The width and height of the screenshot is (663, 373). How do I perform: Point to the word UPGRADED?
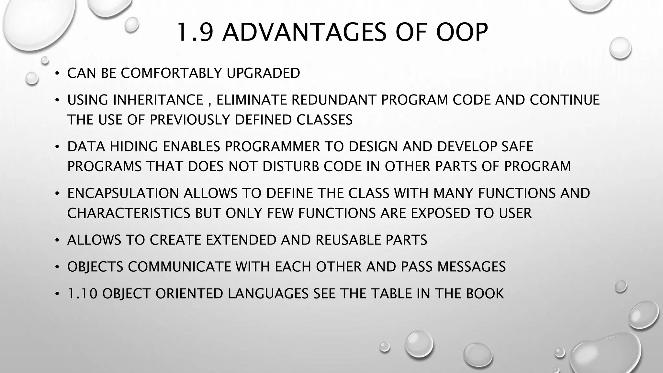(263, 73)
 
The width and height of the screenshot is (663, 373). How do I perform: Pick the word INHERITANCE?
(158, 100)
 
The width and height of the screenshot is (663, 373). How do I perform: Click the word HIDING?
(134, 147)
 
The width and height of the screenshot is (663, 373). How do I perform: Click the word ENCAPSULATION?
(123, 193)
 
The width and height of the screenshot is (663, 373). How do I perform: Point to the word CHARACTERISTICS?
(129, 213)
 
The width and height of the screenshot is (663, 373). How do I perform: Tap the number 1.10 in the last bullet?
(82, 294)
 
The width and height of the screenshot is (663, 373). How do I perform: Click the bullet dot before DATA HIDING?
(57, 147)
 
